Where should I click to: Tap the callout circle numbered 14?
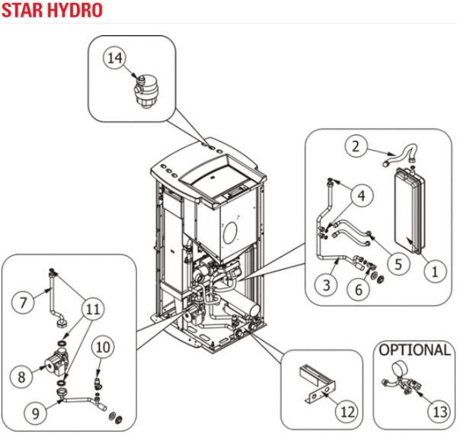(113, 56)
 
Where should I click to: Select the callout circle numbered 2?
(355, 144)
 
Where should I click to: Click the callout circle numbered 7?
(24, 303)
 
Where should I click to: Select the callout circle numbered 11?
(92, 310)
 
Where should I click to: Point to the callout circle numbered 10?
(104, 348)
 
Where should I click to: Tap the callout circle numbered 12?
(347, 412)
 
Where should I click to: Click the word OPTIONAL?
(414, 351)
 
